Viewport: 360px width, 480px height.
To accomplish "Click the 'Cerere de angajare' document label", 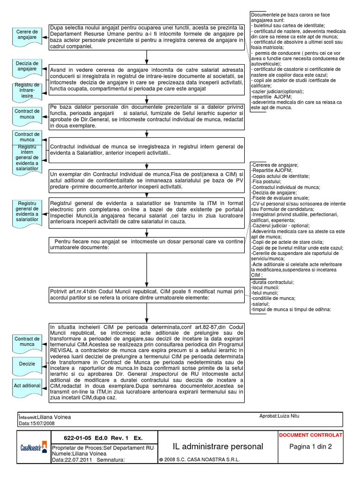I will pos(26,35).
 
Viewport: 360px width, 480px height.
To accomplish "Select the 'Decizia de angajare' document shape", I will pos(26,66).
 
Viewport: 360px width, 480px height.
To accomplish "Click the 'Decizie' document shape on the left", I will pos(27,364).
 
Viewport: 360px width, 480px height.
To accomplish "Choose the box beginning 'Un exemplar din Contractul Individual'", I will pos(147,180).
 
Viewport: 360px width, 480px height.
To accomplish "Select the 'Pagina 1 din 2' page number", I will pos(310,447).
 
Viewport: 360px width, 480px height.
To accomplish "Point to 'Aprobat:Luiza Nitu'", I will pos(279,416).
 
